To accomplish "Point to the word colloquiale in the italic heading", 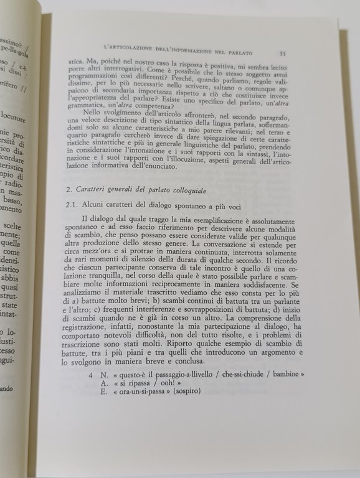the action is pos(191,190).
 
